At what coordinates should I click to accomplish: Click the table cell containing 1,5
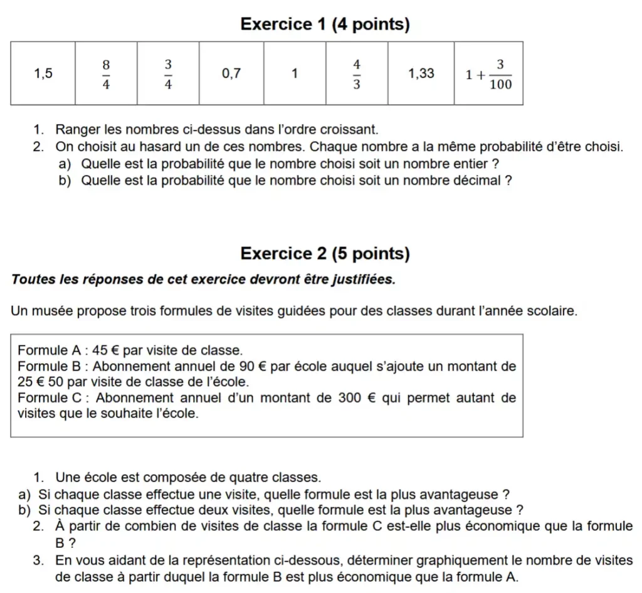click(x=43, y=73)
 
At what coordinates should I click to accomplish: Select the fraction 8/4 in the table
click(x=106, y=74)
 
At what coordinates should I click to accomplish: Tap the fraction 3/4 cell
click(x=168, y=74)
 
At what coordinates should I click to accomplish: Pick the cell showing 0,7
click(x=231, y=73)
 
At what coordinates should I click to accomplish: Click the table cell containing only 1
click(x=294, y=73)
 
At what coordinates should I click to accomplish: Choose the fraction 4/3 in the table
click(x=357, y=74)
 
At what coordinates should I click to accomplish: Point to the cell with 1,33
click(x=421, y=73)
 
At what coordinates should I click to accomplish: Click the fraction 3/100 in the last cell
click(x=500, y=74)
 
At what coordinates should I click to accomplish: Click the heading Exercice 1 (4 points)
click(x=325, y=24)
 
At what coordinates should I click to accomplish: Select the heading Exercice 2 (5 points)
click(x=325, y=254)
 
